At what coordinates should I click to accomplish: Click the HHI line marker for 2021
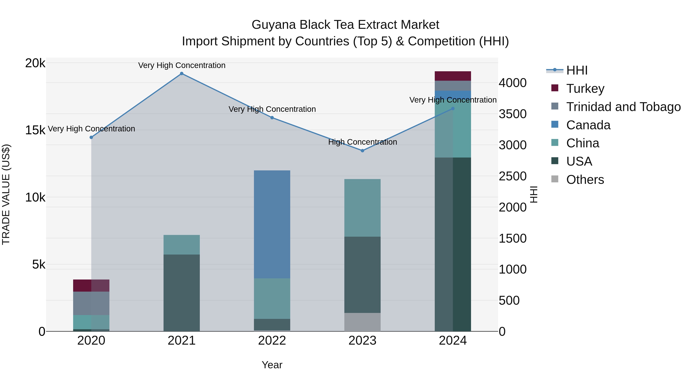(x=182, y=74)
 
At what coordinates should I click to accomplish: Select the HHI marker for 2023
(x=362, y=151)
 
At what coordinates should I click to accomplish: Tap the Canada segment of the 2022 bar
(x=272, y=224)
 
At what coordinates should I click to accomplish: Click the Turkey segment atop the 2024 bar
(x=453, y=76)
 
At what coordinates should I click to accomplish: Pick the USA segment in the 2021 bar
(x=182, y=293)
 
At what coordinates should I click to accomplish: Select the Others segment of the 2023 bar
(x=362, y=322)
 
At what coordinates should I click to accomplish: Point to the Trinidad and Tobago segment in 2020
(x=91, y=303)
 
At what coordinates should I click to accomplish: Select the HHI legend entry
(x=577, y=70)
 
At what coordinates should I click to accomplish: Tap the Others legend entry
(x=585, y=180)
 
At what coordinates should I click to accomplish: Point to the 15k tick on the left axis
(x=35, y=130)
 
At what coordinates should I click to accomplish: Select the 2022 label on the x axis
(x=272, y=341)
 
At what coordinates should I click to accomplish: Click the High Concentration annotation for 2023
(x=362, y=142)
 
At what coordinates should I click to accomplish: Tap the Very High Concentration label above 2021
(x=182, y=65)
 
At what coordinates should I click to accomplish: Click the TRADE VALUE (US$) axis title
(x=6, y=194)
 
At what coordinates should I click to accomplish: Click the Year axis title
(x=272, y=365)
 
